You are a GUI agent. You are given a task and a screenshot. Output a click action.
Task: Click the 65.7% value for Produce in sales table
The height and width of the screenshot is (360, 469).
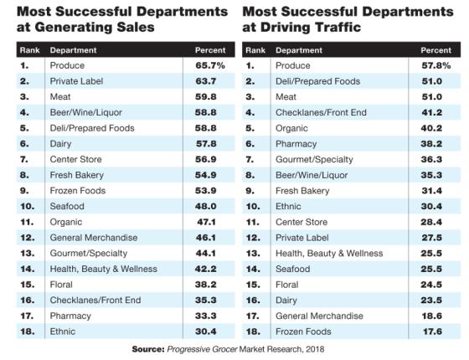210,65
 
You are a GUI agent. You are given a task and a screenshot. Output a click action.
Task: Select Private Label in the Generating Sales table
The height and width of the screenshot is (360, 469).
76,81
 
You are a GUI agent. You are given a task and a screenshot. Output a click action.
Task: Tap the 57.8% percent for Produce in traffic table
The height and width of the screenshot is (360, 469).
435,65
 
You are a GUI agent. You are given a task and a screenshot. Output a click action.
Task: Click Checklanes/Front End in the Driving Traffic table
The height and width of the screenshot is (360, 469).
321,112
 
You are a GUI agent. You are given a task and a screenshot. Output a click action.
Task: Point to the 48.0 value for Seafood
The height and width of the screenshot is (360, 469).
205,206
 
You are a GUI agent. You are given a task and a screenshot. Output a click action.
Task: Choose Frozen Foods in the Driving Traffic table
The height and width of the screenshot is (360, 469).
303,332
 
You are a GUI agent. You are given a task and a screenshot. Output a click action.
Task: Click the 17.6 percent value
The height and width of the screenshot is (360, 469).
432,332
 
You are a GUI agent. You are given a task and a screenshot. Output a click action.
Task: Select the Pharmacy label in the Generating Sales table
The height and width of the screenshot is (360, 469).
70,316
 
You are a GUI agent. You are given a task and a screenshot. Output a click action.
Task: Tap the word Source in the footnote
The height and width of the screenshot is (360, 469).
148,349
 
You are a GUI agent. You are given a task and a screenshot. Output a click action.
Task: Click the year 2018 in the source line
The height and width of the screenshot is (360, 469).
315,349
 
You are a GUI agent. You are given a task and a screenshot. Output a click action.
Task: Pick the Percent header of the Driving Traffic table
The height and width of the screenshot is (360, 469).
435,50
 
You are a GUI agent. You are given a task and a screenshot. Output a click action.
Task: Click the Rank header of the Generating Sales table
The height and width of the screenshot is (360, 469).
29,50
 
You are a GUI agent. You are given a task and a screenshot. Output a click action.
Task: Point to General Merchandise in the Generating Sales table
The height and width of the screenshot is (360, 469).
94,238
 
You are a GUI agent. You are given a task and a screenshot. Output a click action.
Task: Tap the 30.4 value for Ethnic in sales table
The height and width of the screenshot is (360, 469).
205,332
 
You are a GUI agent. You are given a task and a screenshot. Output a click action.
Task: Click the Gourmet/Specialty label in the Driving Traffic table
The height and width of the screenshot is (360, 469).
314,160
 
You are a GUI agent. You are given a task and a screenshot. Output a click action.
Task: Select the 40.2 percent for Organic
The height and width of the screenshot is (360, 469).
431,128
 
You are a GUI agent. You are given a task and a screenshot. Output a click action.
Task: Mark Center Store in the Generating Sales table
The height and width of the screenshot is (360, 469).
75,159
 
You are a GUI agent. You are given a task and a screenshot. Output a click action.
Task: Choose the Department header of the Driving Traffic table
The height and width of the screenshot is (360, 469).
299,50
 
